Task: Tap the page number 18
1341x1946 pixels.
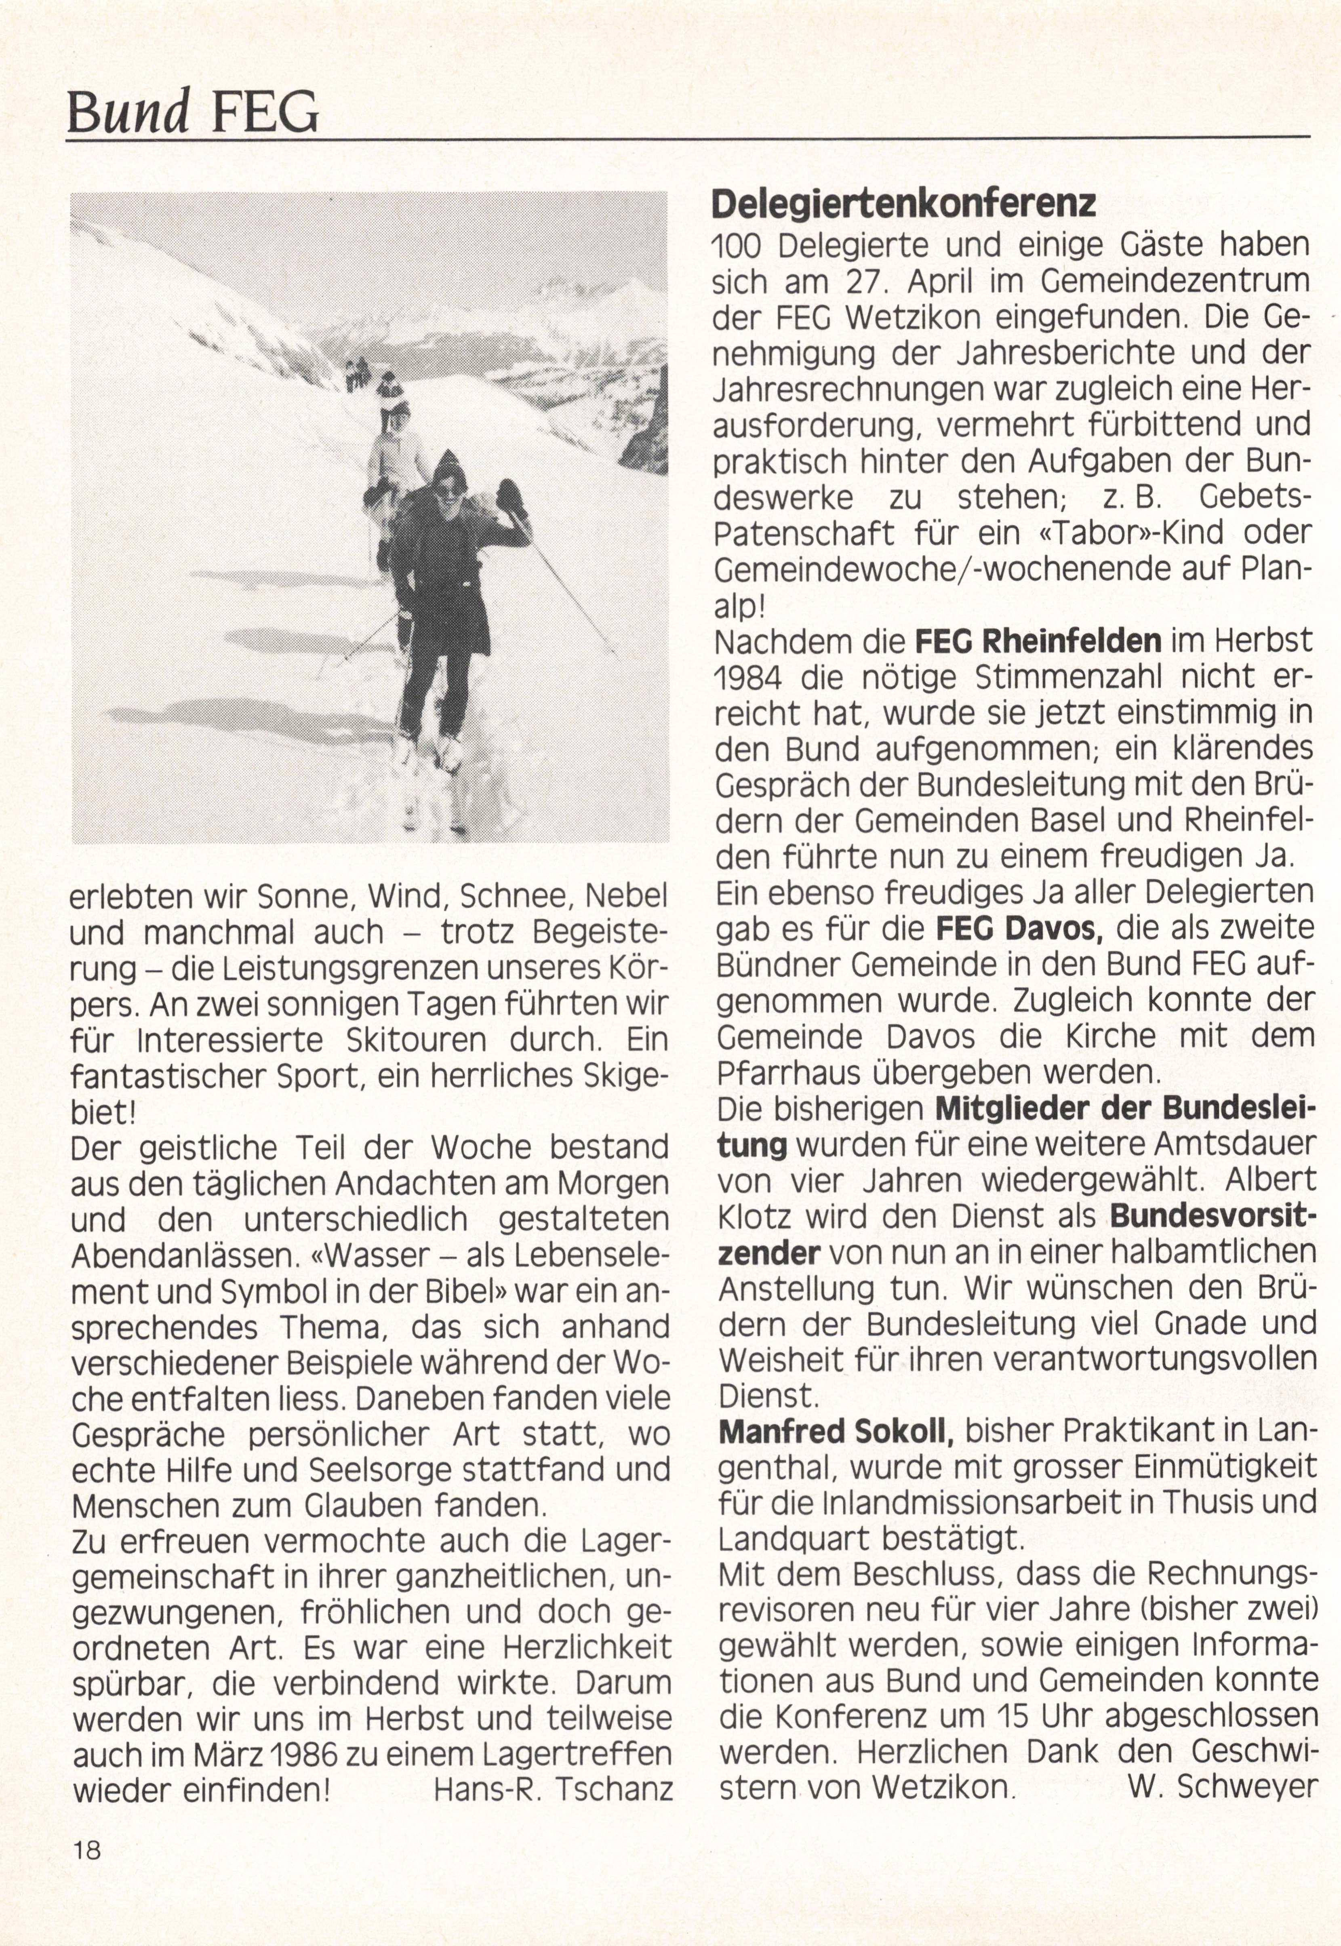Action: pyautogui.click(x=86, y=1850)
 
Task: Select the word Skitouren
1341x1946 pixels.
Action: pyautogui.click(x=416, y=1040)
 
